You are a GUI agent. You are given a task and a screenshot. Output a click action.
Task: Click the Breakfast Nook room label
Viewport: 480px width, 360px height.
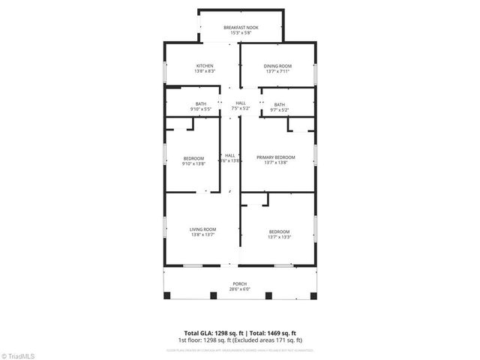point(241,28)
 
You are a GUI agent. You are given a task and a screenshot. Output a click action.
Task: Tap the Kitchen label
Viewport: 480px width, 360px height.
point(205,66)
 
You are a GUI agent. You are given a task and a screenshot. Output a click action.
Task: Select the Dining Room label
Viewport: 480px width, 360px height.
point(277,66)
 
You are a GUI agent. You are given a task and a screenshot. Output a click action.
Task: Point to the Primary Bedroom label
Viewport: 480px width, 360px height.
point(275,157)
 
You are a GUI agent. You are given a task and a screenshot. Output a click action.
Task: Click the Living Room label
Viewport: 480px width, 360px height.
point(202,229)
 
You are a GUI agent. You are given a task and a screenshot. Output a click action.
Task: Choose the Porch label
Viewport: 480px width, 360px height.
point(240,283)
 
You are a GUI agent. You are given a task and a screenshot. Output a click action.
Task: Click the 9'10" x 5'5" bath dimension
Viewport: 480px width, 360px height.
point(201,110)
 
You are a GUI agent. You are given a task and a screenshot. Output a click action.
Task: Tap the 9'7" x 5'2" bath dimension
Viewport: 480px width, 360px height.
point(279,110)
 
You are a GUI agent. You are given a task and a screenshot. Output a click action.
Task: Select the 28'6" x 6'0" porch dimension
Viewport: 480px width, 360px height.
point(240,289)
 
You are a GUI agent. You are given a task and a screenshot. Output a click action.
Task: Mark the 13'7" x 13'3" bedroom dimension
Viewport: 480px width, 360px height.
point(279,238)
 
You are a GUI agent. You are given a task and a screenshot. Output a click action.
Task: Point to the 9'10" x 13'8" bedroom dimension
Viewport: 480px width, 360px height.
point(193,163)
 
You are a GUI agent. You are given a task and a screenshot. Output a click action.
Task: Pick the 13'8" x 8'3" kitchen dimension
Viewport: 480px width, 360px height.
point(205,72)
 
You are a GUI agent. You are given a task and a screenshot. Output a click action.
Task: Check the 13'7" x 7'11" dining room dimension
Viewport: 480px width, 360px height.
point(277,72)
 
